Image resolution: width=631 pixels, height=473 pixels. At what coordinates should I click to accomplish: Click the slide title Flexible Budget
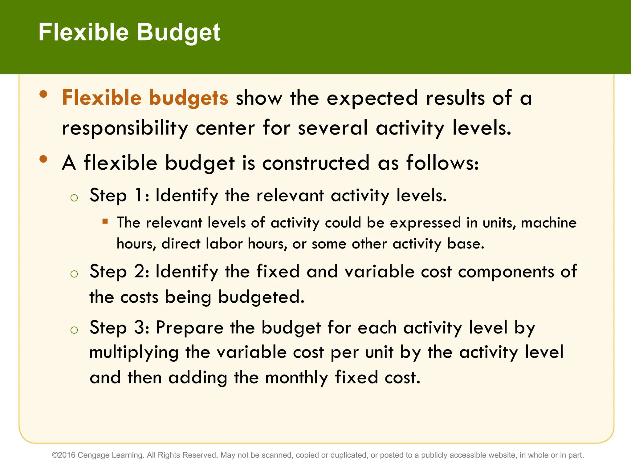pos(129,32)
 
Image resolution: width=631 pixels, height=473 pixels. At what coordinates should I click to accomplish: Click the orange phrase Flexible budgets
pos(145,98)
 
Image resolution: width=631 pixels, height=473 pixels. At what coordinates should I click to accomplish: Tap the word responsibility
pos(125,128)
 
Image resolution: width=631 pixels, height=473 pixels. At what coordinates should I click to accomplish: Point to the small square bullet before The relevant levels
pos(105,221)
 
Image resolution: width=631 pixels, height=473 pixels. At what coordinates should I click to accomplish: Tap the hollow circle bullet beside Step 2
pos(74,274)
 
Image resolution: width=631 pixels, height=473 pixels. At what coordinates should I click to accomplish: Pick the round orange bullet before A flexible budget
pos(43,159)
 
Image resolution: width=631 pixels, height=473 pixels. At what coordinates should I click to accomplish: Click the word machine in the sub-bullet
pos(548,223)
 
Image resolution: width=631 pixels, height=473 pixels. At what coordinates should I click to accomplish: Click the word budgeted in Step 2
pos(261,297)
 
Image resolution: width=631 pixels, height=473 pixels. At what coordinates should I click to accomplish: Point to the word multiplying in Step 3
pos(134,353)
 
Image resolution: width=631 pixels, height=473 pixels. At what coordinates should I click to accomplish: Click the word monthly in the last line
pos(296,378)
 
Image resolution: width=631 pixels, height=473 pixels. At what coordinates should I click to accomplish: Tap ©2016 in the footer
pos(63,455)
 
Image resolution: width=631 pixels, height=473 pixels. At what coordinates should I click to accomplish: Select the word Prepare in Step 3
pos(189,327)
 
